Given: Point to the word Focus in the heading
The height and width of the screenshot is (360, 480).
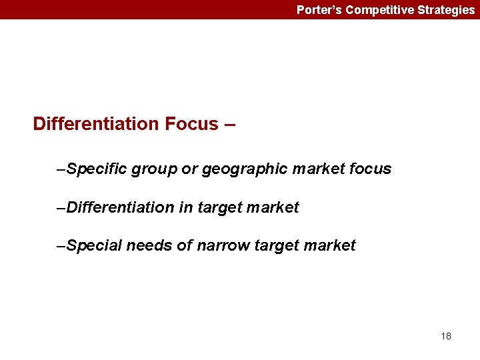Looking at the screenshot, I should tap(193, 124).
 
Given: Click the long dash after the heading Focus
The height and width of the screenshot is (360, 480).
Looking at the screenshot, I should tap(229, 124).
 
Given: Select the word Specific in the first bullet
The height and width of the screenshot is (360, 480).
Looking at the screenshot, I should tap(97, 169).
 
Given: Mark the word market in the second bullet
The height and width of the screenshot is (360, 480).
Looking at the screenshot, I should tap(273, 208).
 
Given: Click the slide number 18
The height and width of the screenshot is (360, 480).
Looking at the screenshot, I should tap(446, 336).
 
